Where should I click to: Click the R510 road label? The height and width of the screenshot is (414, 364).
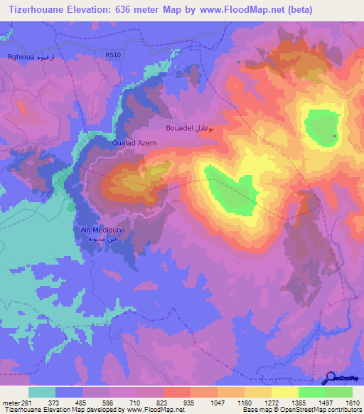(111, 53)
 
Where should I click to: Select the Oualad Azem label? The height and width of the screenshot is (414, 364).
(134, 142)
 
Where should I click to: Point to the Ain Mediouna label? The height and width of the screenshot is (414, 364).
(97, 230)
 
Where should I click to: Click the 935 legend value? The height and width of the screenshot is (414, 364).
(191, 403)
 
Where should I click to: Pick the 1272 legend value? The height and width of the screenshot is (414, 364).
(272, 403)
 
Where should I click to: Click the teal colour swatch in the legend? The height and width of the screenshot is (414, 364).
(42, 392)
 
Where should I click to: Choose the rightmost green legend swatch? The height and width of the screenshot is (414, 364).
(339, 392)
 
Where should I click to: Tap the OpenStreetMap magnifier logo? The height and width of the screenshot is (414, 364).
(331, 379)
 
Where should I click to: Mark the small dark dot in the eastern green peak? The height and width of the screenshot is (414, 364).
(334, 137)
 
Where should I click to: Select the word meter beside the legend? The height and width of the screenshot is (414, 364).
(10, 403)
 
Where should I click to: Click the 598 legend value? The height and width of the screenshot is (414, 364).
(109, 403)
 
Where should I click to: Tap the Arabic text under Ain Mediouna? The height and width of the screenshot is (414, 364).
(97, 240)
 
